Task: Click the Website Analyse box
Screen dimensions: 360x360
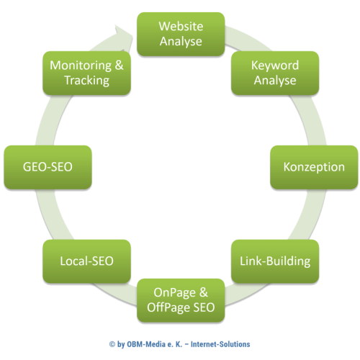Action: click(x=181, y=34)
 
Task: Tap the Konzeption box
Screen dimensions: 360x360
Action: click(x=314, y=167)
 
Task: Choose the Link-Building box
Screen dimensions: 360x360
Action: click(x=274, y=261)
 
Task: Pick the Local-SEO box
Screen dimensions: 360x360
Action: click(x=87, y=261)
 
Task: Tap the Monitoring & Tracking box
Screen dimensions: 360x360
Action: click(x=86, y=73)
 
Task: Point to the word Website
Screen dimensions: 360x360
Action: click(x=181, y=27)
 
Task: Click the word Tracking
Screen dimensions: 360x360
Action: click(x=86, y=80)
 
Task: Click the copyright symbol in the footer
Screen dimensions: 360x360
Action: click(x=112, y=344)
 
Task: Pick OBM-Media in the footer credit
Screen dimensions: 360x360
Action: click(x=148, y=344)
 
